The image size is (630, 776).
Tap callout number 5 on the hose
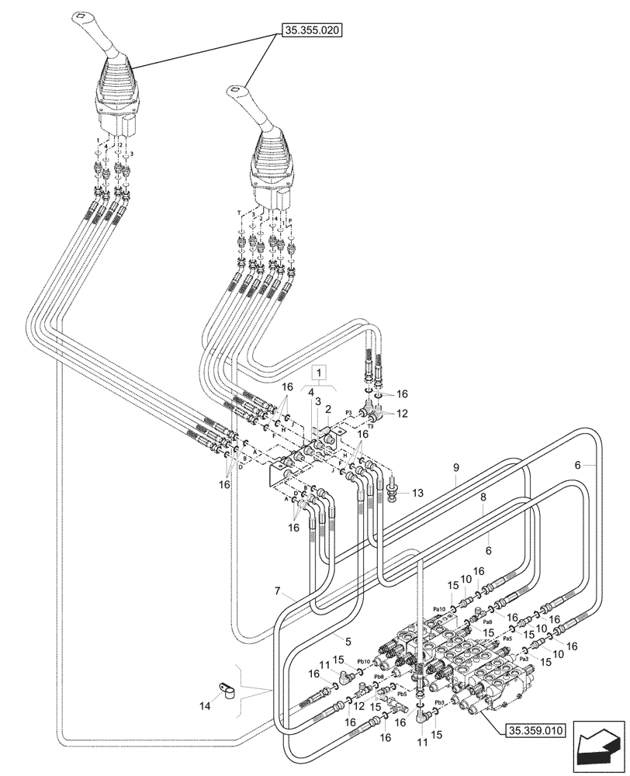348,642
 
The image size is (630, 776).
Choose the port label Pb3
439,702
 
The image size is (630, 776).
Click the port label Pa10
439,609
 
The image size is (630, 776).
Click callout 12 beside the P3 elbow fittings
402,414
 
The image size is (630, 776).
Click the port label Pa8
487,622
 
